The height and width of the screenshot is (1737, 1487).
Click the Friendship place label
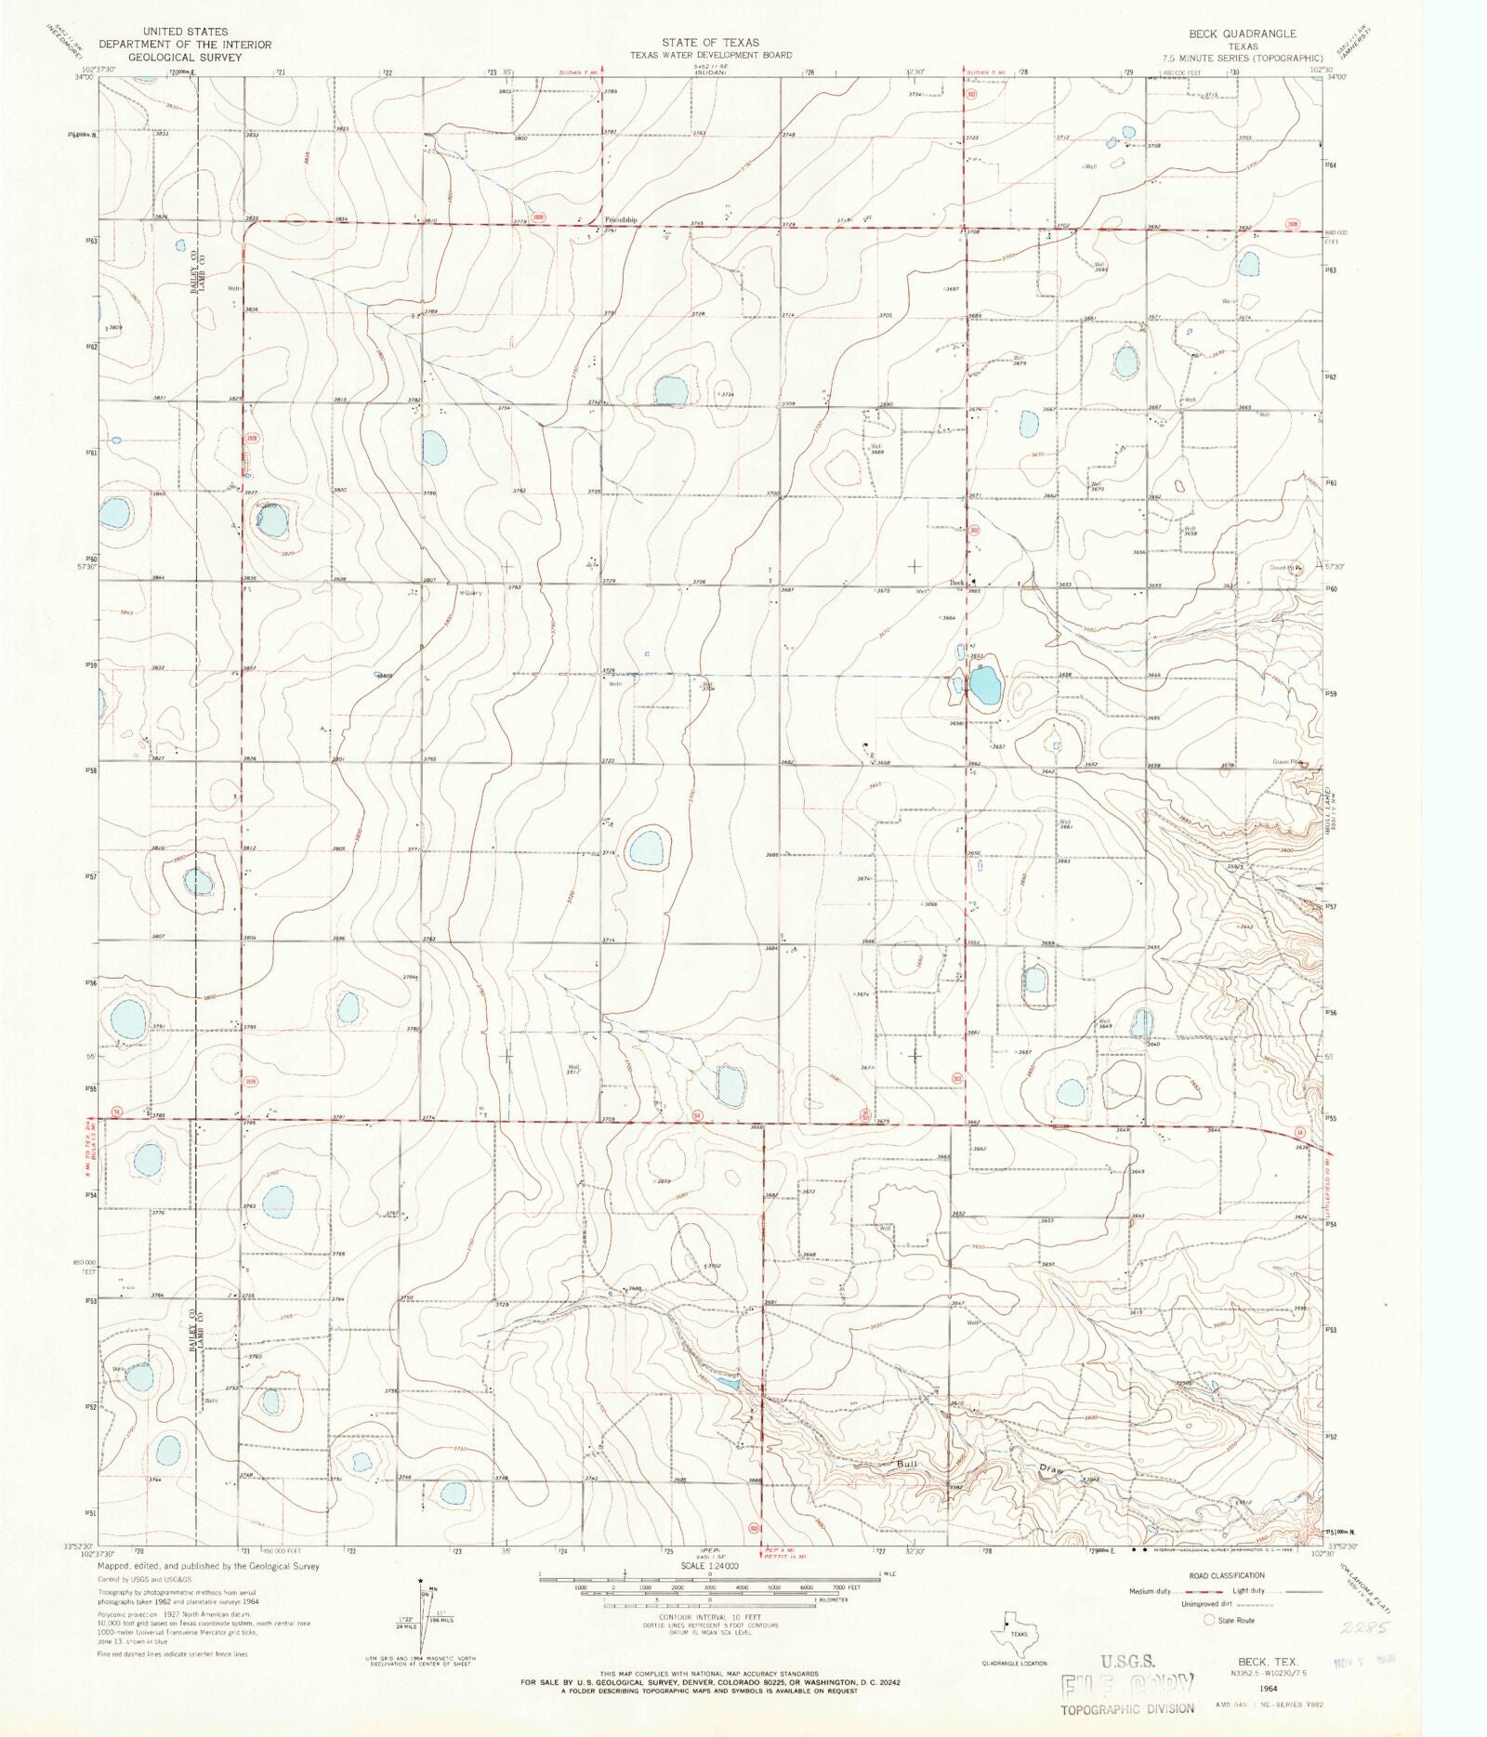click(621, 220)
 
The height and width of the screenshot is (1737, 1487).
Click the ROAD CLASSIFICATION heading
click(1227, 1575)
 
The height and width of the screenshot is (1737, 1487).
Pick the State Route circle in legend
click(1209, 1620)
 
